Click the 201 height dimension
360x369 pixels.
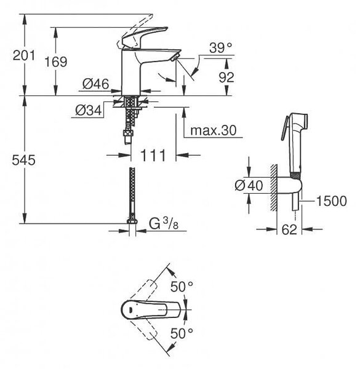tap(24, 55)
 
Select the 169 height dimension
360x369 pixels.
tap(56, 61)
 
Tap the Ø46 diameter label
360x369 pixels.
tap(96, 84)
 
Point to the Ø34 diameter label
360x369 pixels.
tap(89, 110)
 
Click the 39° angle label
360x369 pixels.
tap(220, 48)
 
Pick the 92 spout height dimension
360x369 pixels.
tap(226, 77)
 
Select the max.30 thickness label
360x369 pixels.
tap(214, 130)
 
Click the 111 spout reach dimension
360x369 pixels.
tap(153, 155)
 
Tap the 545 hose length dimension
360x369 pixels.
tap(24, 161)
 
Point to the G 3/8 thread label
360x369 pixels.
tap(164, 223)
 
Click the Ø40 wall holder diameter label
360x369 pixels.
tap(249, 185)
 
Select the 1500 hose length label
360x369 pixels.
tap(332, 201)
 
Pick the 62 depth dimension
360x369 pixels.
tap(289, 229)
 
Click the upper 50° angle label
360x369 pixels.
tap(182, 287)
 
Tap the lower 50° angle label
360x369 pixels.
tap(182, 333)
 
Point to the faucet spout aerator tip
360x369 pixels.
tap(175, 57)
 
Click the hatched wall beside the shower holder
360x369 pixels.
tap(273, 188)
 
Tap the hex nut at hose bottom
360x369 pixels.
tap(132, 221)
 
